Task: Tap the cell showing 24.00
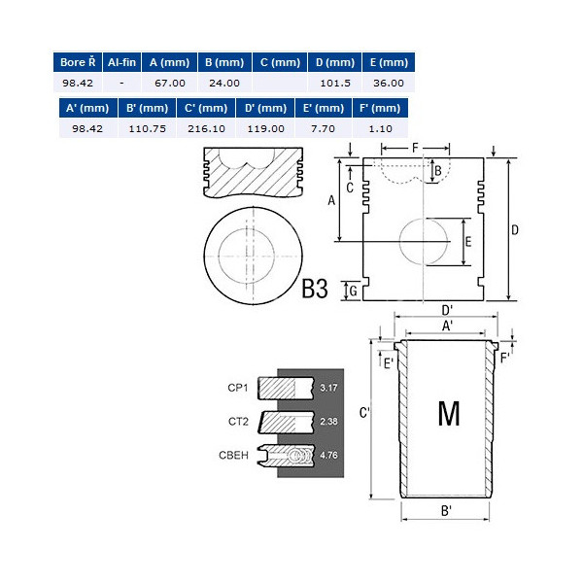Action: [x=223, y=84]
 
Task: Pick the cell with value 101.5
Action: [x=335, y=84]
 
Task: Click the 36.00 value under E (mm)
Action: [x=389, y=84]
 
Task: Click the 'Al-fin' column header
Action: [x=121, y=62]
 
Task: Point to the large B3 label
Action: [x=315, y=289]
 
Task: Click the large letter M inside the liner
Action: [x=449, y=414]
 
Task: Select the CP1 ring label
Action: [x=239, y=387]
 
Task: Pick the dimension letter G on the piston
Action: [x=353, y=291]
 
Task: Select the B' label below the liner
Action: [x=447, y=512]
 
